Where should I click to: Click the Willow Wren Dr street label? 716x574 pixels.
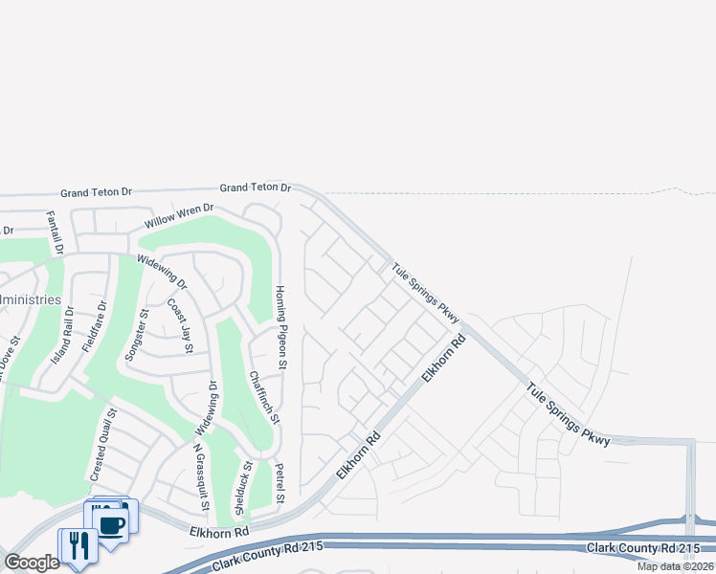(x=179, y=218)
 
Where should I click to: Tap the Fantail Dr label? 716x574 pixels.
(x=54, y=232)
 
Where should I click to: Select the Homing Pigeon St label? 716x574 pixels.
(x=281, y=327)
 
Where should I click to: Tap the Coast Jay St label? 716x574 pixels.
(x=179, y=326)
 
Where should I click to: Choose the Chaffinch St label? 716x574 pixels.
(x=263, y=397)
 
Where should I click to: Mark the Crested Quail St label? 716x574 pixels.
(x=104, y=446)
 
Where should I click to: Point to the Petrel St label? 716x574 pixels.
(x=280, y=482)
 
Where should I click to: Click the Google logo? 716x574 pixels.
(x=32, y=563)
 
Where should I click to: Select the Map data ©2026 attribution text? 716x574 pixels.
(x=675, y=566)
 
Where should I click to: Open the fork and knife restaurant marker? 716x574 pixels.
(x=77, y=546)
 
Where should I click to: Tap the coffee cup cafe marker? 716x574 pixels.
(x=111, y=523)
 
